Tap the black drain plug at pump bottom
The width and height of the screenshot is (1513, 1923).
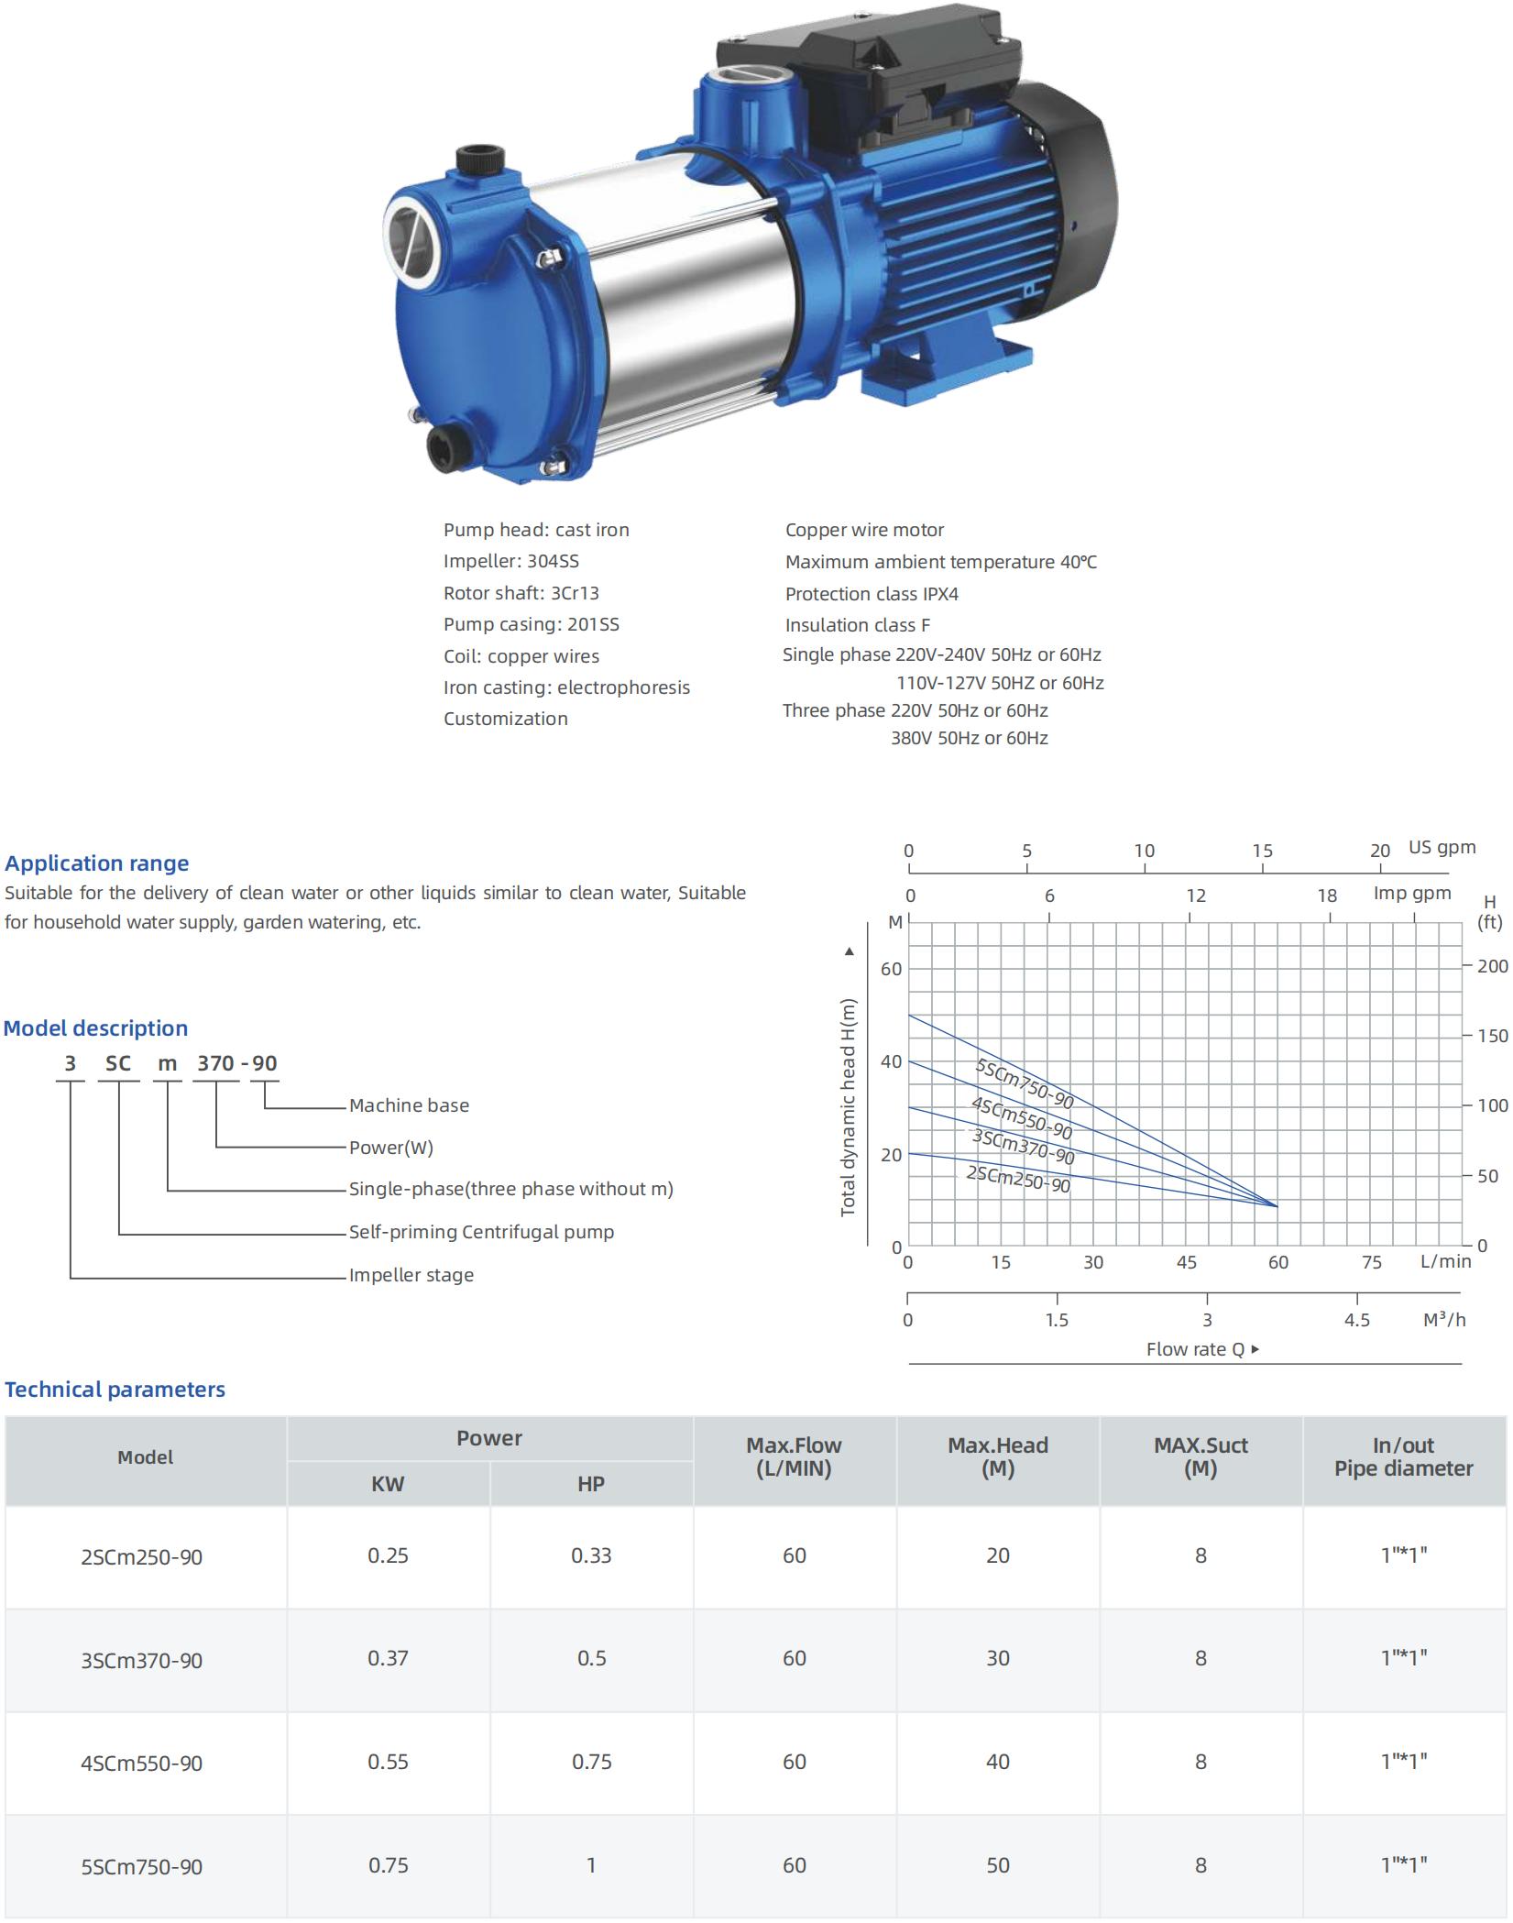(446, 444)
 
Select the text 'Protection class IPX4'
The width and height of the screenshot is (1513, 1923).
(872, 594)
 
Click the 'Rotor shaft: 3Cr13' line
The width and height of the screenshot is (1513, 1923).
(521, 593)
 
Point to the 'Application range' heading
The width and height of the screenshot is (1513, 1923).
(97, 863)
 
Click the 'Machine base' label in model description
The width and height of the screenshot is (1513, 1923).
(409, 1105)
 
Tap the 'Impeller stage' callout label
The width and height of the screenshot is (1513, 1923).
(411, 1275)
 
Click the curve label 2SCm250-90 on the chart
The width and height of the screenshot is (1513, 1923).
(1018, 1179)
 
